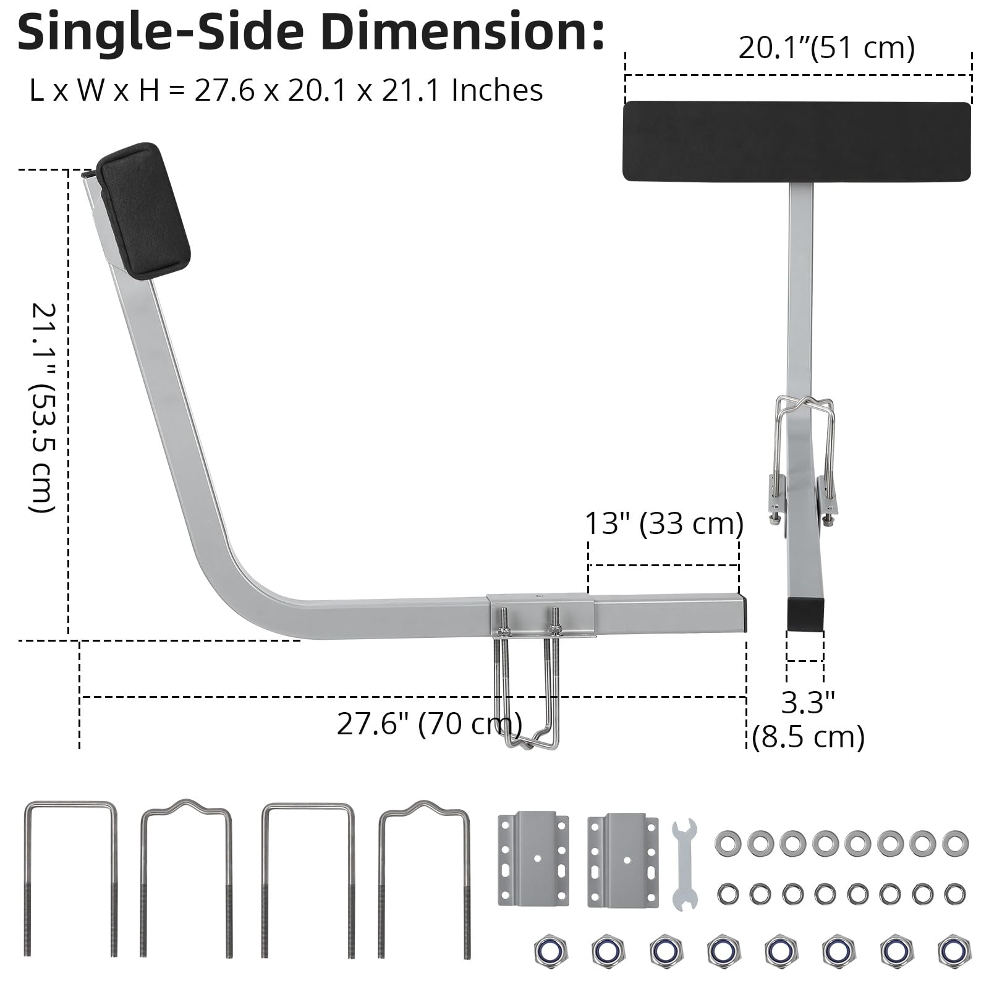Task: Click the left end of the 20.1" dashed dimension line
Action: coord(626,75)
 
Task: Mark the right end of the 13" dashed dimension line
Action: coord(738,565)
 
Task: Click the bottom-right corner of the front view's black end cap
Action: coord(823,630)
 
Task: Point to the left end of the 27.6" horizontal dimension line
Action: coord(80,697)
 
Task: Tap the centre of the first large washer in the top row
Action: coord(727,843)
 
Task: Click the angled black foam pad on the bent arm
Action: coord(144,211)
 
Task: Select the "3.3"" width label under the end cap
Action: coord(808,703)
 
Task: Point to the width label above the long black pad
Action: coord(826,48)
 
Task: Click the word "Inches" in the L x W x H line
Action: coord(497,90)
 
